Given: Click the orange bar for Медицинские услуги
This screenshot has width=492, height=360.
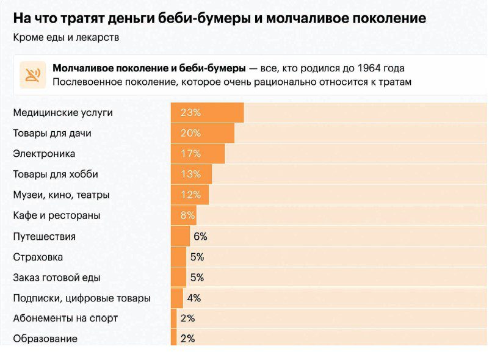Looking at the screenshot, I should click(207, 113).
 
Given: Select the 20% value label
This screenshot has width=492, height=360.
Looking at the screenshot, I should click(190, 133).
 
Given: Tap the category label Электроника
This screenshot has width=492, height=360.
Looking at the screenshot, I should click(44, 154).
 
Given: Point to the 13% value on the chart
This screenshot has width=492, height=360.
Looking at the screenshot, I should click(190, 175).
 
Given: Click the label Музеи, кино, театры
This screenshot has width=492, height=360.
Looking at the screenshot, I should click(61, 195).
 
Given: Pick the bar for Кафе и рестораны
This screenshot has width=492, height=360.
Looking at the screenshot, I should click(183, 215).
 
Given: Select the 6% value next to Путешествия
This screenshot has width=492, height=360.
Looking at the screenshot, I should click(200, 236).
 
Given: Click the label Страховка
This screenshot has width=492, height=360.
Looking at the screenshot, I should click(38, 257).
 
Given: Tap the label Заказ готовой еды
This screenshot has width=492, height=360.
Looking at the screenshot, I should click(57, 278).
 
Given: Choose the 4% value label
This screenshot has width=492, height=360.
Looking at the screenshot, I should click(194, 298).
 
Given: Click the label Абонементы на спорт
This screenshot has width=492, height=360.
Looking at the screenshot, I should click(65, 319).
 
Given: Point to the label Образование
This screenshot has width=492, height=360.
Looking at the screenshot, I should click(45, 339).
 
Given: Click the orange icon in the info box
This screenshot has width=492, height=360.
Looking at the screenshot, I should click(32, 75).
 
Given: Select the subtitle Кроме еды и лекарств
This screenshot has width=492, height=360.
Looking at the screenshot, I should click(66, 37).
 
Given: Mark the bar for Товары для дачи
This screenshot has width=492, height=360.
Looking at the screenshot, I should click(202, 133).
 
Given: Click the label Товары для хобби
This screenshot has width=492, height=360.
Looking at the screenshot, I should click(56, 175).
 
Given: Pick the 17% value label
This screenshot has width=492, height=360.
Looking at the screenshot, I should click(190, 154).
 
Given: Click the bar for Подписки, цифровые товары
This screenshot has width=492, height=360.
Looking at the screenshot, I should click(176, 298).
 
